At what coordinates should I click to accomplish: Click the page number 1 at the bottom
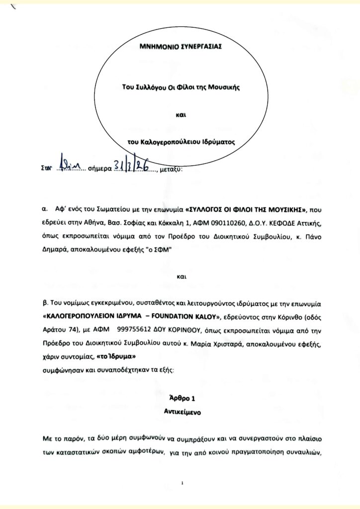[x=182, y=482]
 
